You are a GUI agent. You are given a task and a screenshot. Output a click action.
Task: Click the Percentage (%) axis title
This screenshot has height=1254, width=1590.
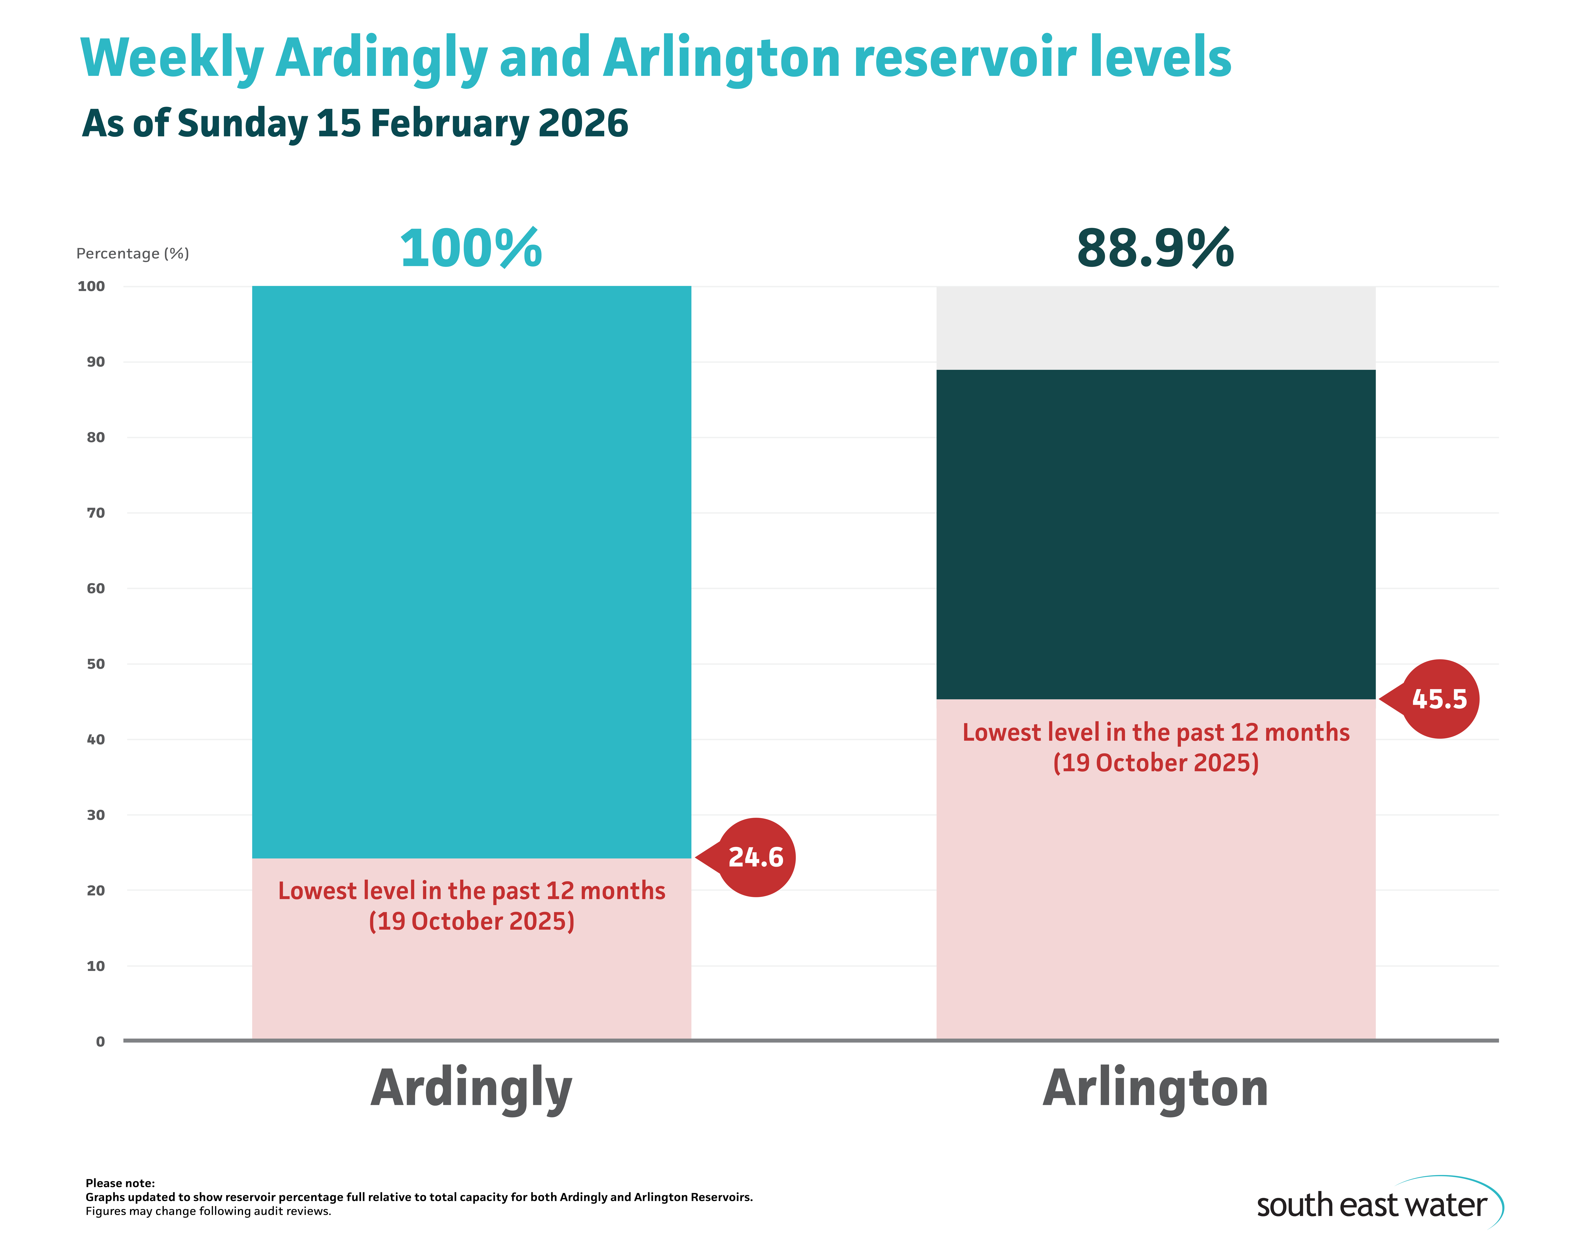point(133,253)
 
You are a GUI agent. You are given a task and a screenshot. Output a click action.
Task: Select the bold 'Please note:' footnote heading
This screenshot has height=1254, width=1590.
point(120,1183)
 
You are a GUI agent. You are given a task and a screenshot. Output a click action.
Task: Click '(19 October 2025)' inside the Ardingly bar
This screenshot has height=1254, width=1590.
point(471,921)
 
